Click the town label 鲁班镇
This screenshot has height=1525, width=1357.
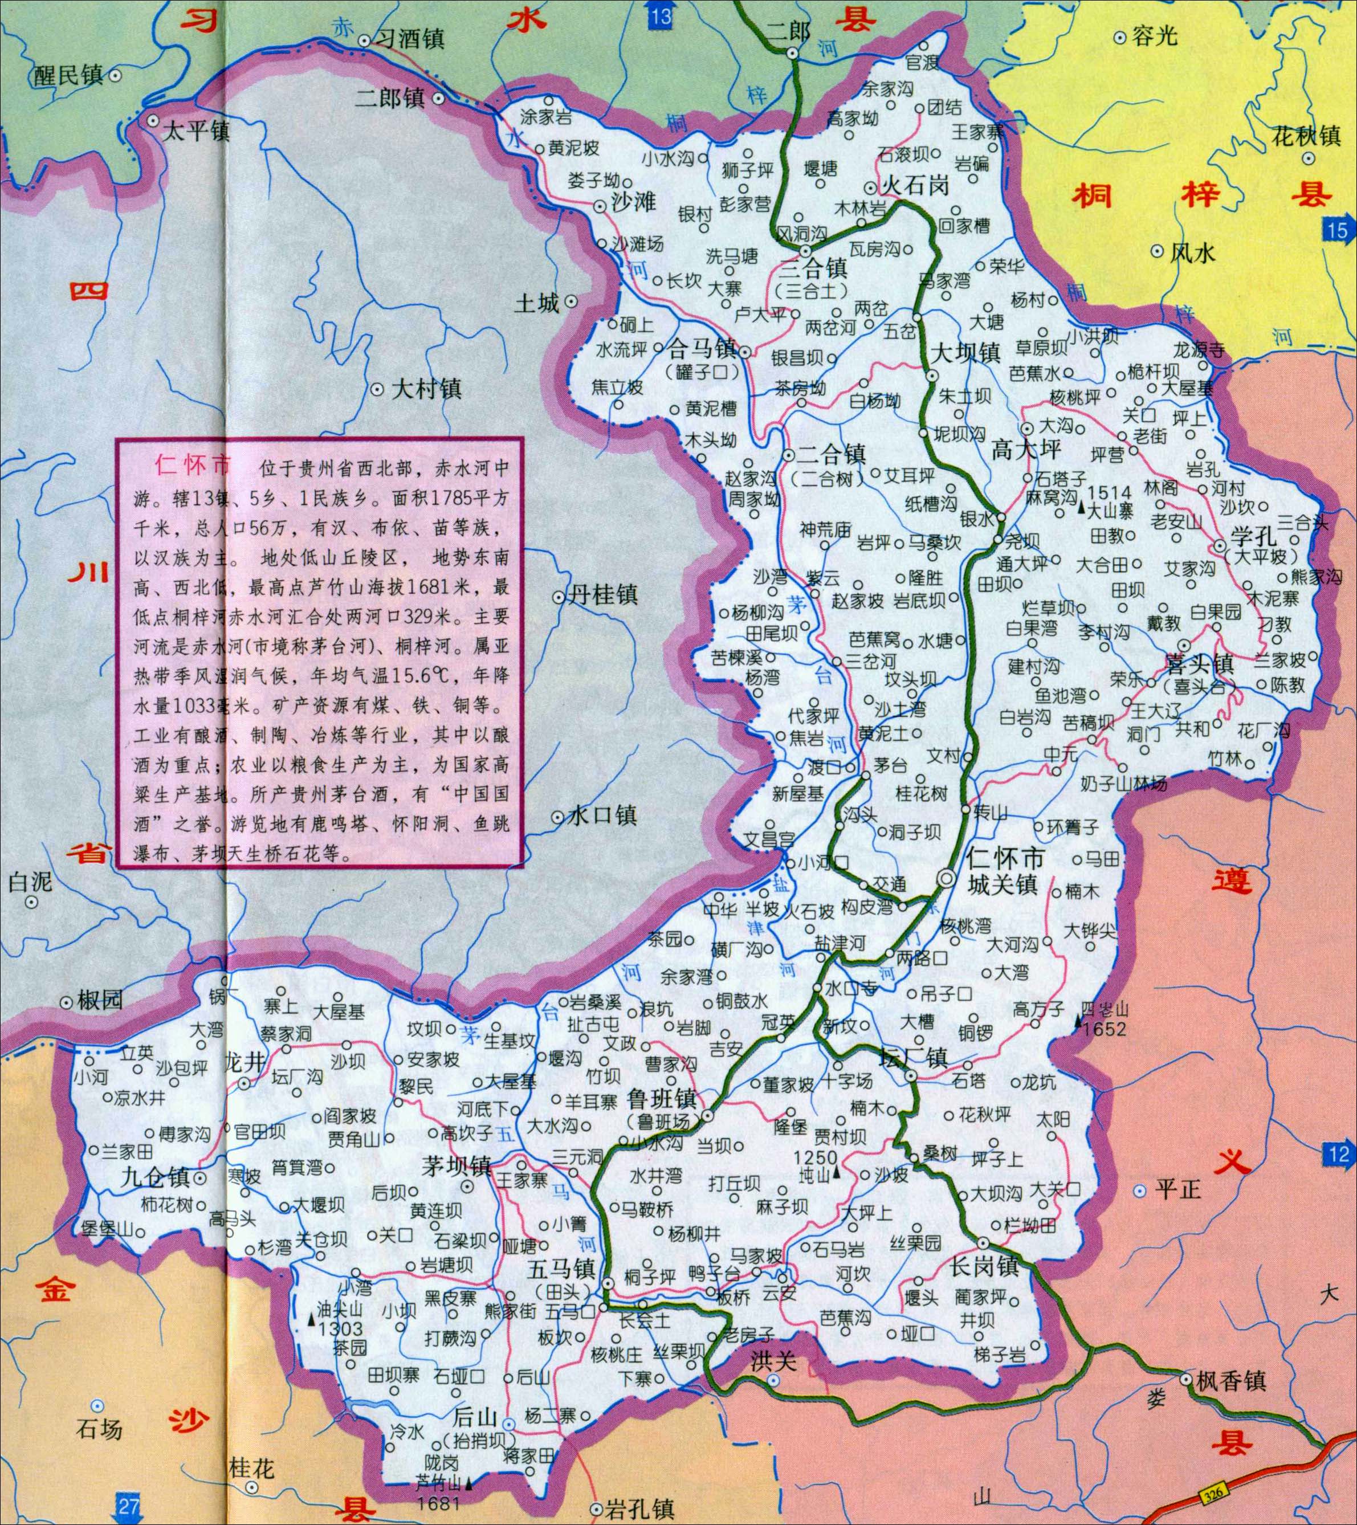point(662,1099)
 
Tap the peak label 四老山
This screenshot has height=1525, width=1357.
point(1107,1009)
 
